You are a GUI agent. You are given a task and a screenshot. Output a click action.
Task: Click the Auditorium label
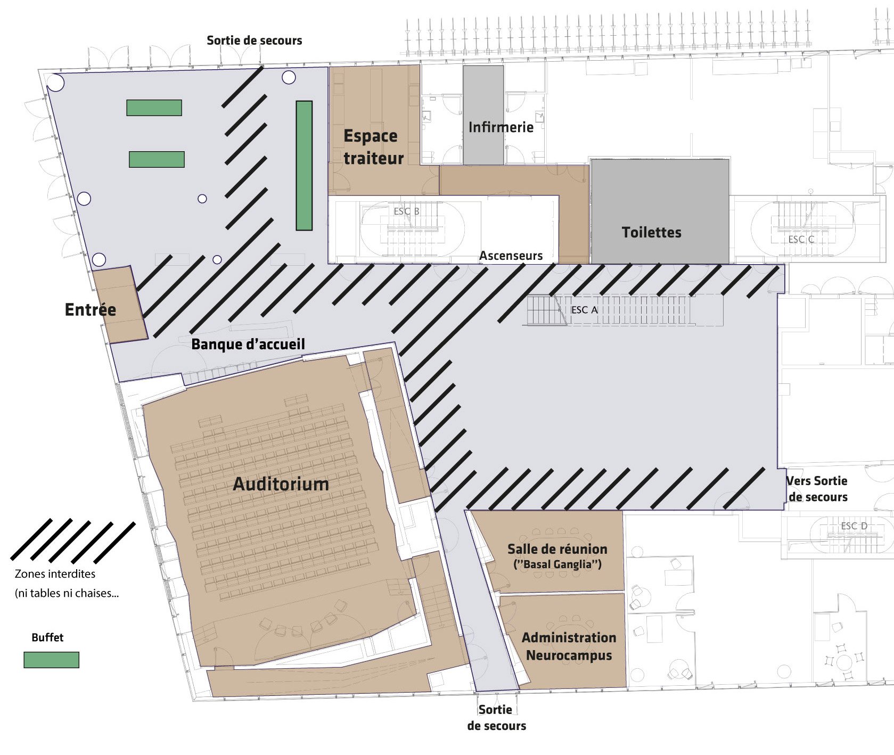281,484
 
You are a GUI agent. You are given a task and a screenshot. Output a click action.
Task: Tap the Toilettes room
660,211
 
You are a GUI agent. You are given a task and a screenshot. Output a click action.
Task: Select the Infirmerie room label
501,127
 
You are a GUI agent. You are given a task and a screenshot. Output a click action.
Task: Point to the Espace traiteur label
373,147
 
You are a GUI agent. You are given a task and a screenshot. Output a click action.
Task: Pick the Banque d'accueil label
248,344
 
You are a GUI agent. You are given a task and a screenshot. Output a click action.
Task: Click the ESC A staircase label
584,310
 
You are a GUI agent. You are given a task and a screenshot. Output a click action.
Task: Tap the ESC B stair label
406,211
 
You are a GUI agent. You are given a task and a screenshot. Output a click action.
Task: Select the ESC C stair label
801,240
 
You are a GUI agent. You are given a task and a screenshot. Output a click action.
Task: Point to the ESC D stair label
854,526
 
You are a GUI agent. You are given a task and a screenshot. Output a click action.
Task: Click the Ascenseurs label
511,256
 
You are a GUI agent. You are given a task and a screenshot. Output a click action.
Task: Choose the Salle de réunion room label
557,549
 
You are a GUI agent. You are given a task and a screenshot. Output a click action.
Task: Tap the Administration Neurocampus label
569,646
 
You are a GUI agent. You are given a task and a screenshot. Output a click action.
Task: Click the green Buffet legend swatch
52,660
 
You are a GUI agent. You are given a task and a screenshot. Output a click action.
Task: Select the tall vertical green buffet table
304,166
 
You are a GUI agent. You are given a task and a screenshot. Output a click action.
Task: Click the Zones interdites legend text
55,574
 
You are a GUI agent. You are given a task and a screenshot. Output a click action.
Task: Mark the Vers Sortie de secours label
817,489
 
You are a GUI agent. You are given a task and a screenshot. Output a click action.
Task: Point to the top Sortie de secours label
254,40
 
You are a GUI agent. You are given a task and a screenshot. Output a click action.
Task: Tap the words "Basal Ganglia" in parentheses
557,564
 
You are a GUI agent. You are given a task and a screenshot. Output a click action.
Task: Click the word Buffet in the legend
47,637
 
